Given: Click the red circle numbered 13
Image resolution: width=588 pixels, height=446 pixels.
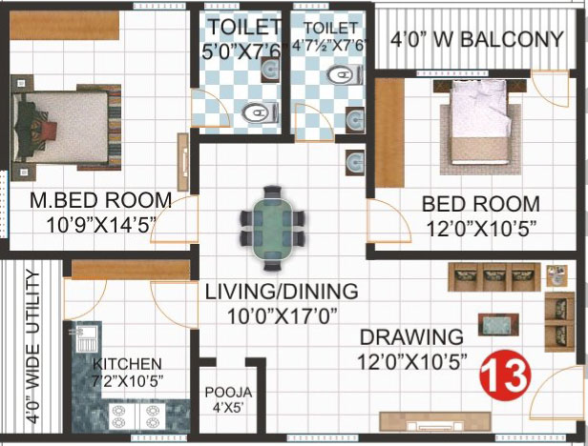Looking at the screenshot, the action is coord(506,375).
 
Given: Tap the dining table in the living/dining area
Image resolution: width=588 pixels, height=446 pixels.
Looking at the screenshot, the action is coord(273,228).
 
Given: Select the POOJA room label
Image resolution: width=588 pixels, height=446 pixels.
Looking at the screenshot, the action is coord(228,393).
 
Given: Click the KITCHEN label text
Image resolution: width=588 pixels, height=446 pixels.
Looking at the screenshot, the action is coord(127,364).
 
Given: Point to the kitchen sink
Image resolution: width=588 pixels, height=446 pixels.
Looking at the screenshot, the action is coord(87,338).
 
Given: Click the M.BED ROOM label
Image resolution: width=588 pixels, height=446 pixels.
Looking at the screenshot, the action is coord(101,200).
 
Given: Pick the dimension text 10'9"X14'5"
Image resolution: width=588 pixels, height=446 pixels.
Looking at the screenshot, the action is coord(101,226).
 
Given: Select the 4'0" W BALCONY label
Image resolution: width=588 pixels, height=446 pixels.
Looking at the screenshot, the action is coord(477,39).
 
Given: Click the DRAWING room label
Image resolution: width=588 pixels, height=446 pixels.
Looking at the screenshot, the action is coord(411,337).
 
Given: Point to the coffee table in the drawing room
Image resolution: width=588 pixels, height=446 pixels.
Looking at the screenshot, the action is coord(498,325).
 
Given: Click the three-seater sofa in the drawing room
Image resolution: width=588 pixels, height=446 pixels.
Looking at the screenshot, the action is coord(494,276).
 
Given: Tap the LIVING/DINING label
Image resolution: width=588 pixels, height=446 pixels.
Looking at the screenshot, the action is coord(282,292).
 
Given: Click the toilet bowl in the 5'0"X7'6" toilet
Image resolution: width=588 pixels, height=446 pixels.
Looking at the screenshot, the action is coord(261,111).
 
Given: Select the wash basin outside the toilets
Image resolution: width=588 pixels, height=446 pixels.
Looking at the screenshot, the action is coord(355,163).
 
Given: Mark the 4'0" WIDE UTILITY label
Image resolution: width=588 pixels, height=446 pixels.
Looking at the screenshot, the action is coord(33,347).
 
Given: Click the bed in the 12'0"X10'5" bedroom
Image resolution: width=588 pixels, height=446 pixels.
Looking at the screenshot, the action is coord(480,123).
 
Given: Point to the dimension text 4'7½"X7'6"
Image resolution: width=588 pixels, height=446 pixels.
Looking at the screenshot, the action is coord(328,47).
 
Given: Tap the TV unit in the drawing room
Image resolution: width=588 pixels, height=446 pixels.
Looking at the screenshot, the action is coord(435,421).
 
